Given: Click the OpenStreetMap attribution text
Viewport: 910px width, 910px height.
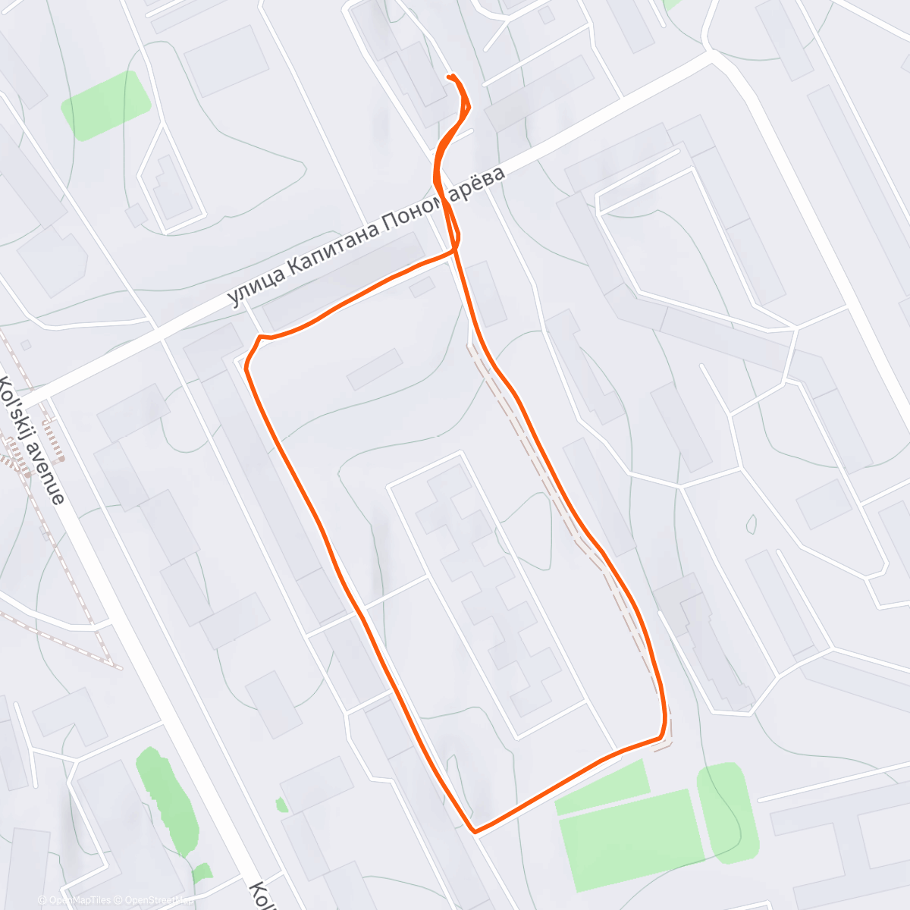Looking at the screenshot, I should point(152,900).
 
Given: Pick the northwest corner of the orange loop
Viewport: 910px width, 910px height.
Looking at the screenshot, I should point(259,337).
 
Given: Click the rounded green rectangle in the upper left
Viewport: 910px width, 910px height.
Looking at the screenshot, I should point(105,105).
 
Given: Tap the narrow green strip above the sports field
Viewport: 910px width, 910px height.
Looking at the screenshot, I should point(603,788).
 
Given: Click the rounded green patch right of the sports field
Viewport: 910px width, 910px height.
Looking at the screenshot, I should point(728,813).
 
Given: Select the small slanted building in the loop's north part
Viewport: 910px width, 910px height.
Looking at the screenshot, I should point(375,369).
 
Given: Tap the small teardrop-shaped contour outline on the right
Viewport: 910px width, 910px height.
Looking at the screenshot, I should point(752,523).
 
